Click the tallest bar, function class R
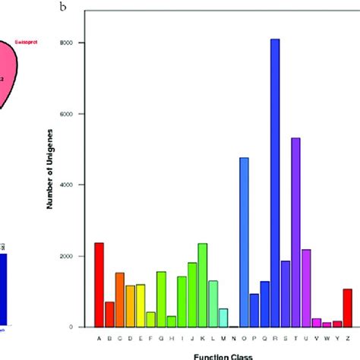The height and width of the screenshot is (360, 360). [275, 182]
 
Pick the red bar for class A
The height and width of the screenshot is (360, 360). [99, 285]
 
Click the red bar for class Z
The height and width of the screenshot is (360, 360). [347, 308]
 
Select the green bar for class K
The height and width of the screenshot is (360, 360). [202, 285]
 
